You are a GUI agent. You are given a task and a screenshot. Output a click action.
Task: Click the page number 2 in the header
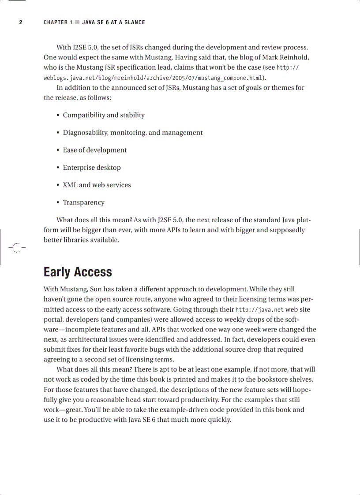[x=20, y=22]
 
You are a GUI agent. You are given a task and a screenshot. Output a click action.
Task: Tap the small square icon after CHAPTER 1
[x=78, y=22]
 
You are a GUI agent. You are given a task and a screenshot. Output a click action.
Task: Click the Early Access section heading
[x=78, y=272]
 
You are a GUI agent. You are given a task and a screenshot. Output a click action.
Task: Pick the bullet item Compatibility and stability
[x=104, y=115]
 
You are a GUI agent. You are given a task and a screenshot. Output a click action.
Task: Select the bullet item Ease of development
[x=94, y=150]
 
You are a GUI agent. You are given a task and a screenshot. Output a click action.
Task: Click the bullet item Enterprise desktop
[x=91, y=167]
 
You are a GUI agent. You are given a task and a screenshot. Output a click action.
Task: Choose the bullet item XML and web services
[x=97, y=185]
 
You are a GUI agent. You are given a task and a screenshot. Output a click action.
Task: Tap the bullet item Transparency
[x=83, y=203]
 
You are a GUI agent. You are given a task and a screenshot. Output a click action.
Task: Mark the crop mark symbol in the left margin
[x=16, y=248]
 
